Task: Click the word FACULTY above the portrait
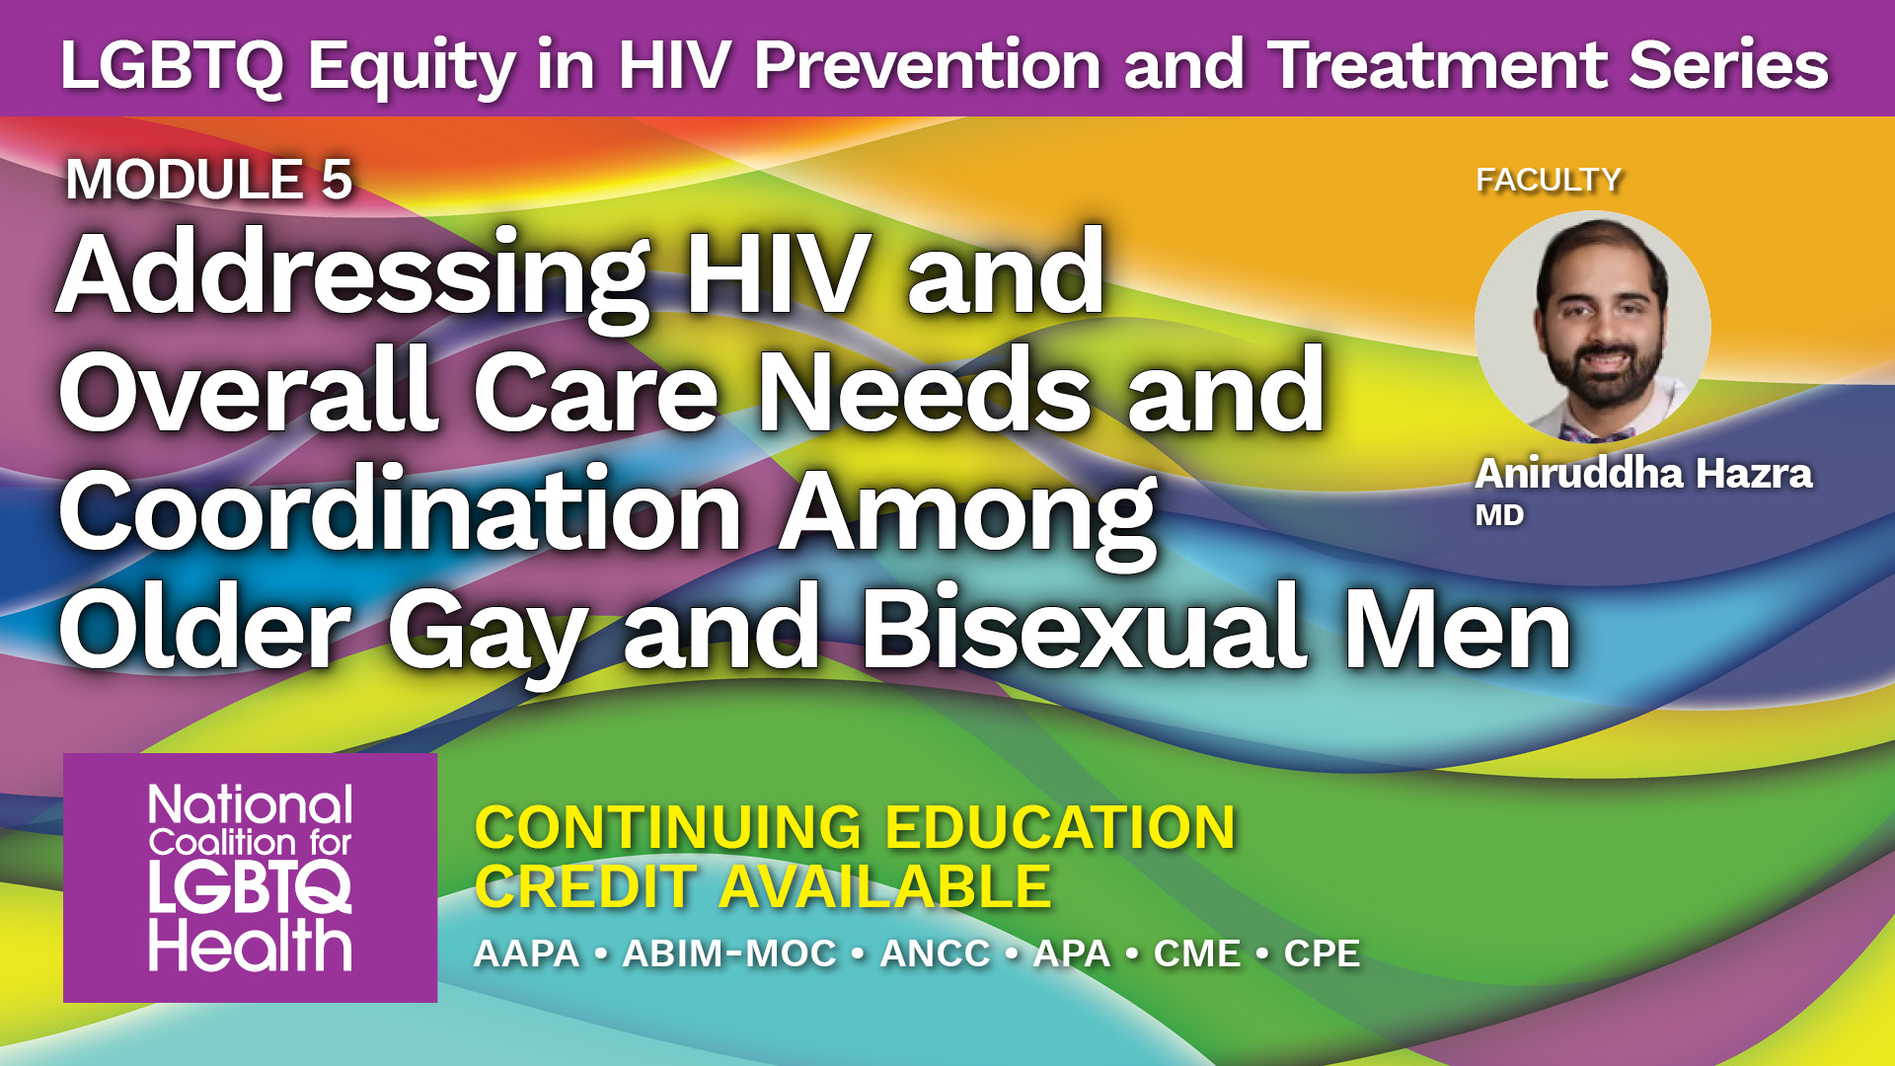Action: (1549, 180)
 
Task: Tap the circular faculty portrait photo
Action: (1592, 328)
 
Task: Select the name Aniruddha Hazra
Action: (1643, 474)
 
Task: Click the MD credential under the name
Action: (1499, 515)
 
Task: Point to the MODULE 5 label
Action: (209, 180)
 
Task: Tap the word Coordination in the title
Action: (401, 511)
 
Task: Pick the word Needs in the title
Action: (924, 392)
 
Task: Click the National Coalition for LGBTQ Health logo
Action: (250, 877)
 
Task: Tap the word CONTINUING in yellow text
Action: (668, 827)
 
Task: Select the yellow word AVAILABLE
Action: (884, 886)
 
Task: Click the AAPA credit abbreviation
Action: (527, 953)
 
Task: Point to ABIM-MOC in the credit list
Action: (729, 953)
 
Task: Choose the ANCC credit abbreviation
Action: (935, 953)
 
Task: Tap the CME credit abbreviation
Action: (1197, 953)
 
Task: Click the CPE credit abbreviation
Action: (1322, 953)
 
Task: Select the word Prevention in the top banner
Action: (928, 65)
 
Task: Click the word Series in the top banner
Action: (1728, 65)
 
